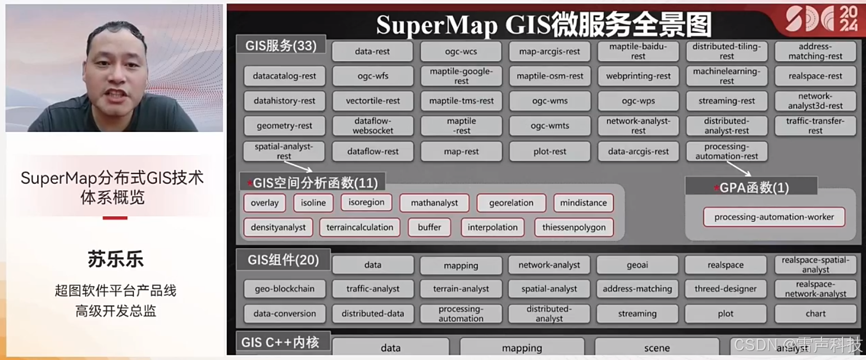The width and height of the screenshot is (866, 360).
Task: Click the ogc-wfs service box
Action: tap(373, 76)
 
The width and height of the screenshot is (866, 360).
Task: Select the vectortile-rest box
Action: tap(373, 101)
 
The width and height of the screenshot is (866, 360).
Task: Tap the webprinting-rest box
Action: tap(638, 76)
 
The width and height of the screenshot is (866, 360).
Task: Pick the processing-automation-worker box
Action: tap(774, 217)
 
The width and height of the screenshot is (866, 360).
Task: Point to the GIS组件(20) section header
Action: tap(284, 260)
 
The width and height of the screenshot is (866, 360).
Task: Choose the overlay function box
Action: tap(265, 203)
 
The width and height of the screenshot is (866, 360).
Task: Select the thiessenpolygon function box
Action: tap(574, 227)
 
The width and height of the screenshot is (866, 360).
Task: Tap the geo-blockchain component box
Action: tap(285, 289)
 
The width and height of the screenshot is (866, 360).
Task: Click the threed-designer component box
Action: tap(726, 289)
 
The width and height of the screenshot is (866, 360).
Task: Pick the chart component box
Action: tap(815, 313)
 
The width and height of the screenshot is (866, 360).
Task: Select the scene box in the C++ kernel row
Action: tap(657, 348)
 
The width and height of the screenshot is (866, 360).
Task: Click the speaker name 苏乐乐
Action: tap(115, 259)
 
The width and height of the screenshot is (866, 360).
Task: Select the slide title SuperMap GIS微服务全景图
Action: tap(544, 25)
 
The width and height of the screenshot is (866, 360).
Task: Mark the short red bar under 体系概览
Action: tap(115, 217)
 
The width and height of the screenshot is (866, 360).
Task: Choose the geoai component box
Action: tap(637, 265)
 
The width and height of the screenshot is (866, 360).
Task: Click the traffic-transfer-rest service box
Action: tap(815, 126)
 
